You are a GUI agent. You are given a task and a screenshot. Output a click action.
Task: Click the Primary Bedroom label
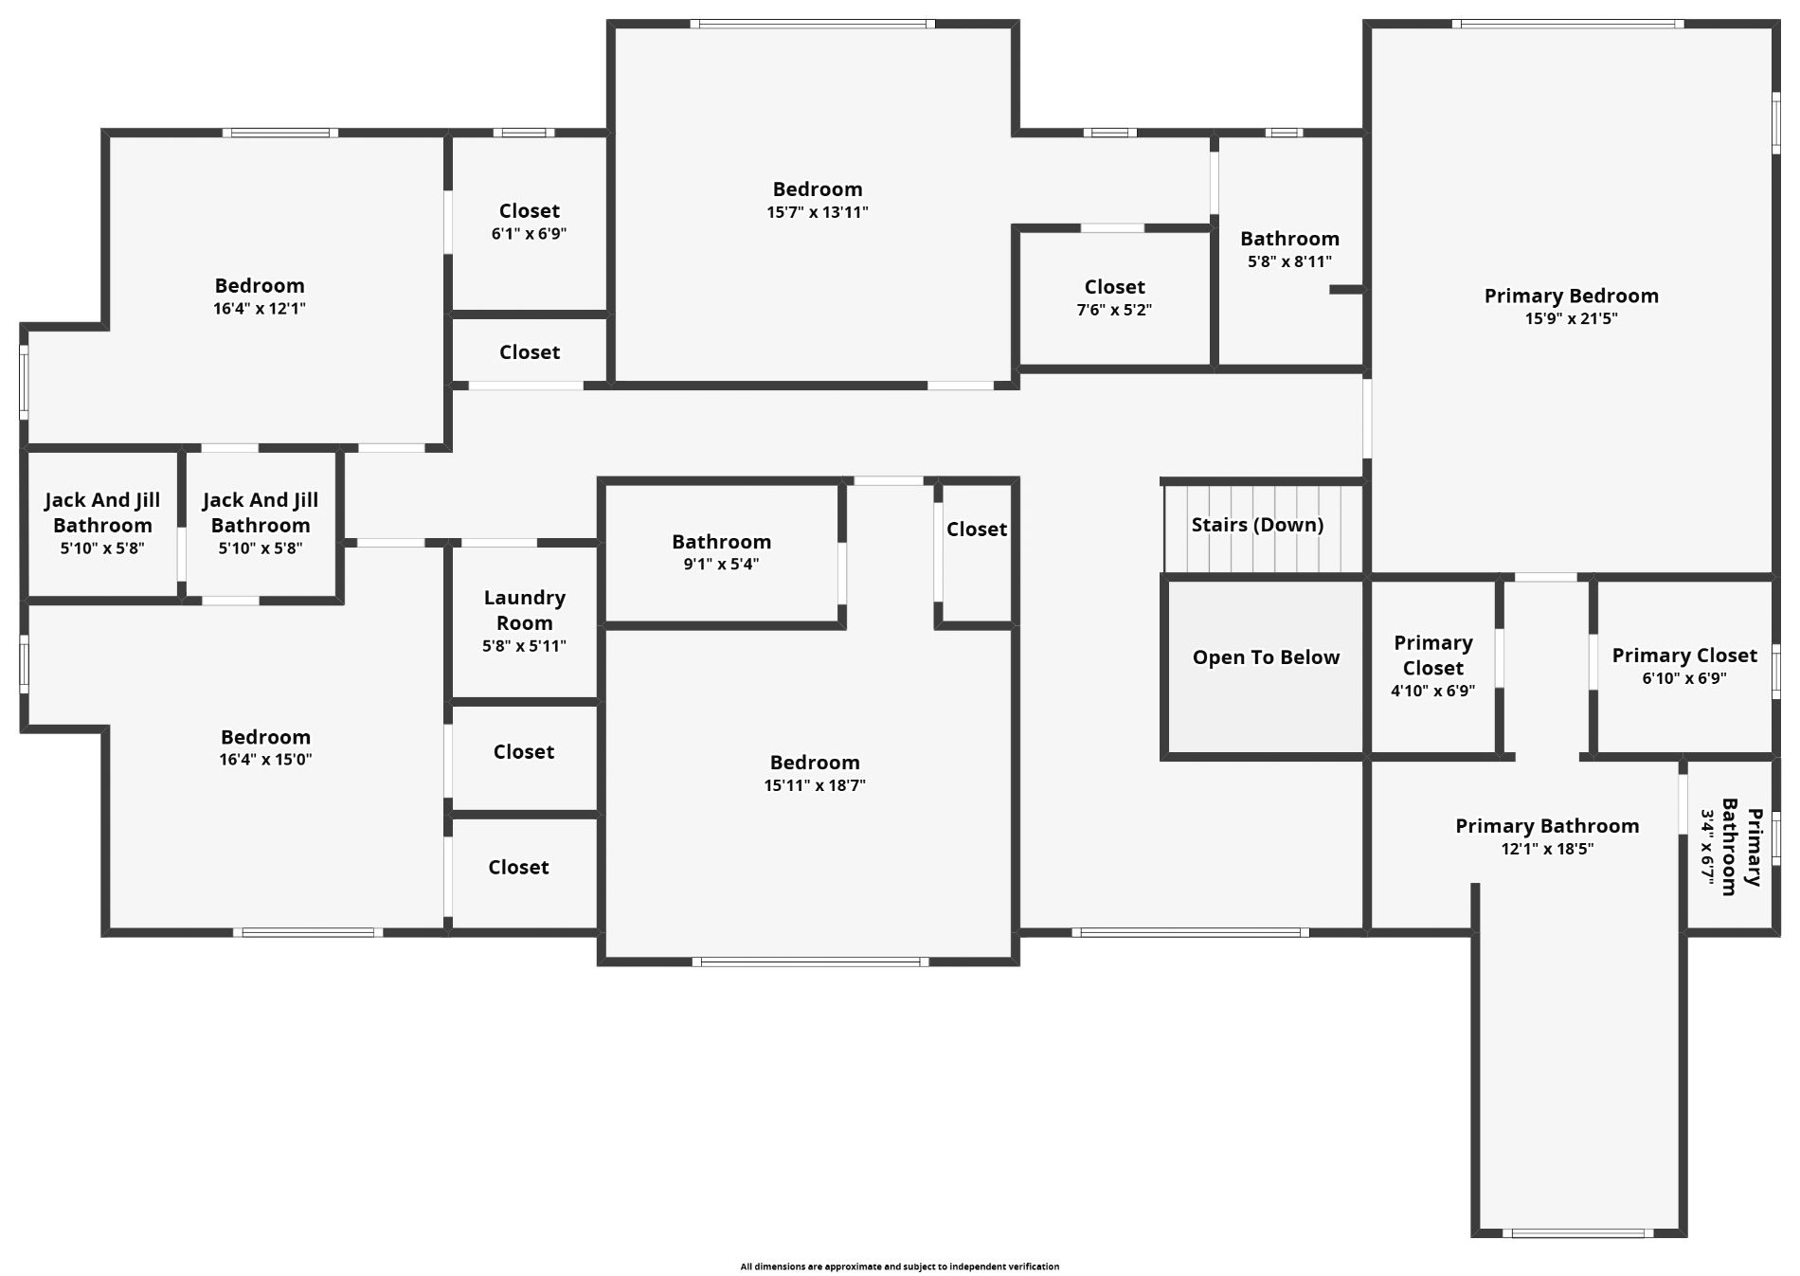(x=1571, y=296)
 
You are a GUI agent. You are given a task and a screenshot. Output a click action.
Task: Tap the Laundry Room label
(x=524, y=610)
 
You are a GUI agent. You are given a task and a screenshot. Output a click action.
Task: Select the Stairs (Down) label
(x=1257, y=525)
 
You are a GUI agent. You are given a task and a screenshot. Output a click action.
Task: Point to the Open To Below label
(x=1266, y=657)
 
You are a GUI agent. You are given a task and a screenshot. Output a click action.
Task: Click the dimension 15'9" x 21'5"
(x=1571, y=318)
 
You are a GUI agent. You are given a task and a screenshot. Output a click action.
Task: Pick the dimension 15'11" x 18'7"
(x=815, y=785)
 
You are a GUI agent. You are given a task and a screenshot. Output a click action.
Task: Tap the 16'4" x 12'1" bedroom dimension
(x=260, y=308)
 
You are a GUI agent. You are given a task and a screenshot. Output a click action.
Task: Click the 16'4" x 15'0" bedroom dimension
(x=265, y=759)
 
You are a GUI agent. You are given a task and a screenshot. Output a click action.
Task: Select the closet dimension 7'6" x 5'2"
(x=1114, y=310)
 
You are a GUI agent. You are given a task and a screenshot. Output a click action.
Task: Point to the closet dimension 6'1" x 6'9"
(x=529, y=233)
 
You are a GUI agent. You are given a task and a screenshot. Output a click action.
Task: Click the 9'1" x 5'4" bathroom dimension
(x=721, y=565)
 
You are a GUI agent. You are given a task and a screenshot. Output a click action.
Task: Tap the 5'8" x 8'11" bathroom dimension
(x=1289, y=261)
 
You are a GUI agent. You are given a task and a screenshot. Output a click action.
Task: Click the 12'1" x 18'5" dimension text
(x=1547, y=849)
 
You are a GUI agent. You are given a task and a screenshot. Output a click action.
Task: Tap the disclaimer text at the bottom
(x=900, y=1267)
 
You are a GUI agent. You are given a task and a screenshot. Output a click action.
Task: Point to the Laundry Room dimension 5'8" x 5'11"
(x=524, y=646)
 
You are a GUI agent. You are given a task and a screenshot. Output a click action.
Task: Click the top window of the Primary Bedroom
(x=1568, y=24)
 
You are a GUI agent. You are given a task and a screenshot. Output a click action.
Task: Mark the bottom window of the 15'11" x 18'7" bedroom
(x=810, y=962)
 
